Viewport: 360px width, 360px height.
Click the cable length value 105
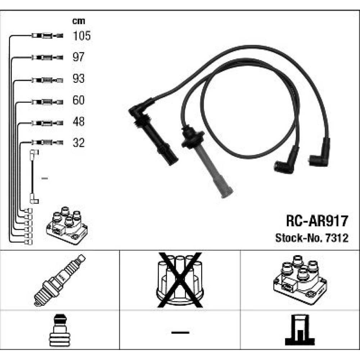click(x=82, y=36)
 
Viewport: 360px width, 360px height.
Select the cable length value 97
click(x=78, y=57)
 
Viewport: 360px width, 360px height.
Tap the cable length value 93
click(x=78, y=78)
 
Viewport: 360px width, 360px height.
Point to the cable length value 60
click(x=78, y=100)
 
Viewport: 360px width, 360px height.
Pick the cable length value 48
click(x=78, y=121)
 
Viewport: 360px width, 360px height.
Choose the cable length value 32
click(x=78, y=143)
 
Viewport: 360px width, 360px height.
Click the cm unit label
click(x=78, y=21)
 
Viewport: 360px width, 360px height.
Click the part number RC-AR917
click(x=317, y=221)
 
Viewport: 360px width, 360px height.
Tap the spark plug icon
click(x=60, y=280)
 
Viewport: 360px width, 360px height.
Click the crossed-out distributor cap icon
click(x=180, y=280)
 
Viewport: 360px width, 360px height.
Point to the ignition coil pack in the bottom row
click(x=300, y=280)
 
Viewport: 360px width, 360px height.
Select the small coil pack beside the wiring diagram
click(x=67, y=225)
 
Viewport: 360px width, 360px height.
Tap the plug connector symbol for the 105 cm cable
click(x=47, y=36)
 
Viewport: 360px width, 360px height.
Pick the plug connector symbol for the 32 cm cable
click(x=47, y=143)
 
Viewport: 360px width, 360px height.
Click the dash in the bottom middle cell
click(x=180, y=332)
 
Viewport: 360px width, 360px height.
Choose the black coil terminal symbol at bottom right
click(x=300, y=330)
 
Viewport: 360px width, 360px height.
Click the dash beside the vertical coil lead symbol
click(x=45, y=178)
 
